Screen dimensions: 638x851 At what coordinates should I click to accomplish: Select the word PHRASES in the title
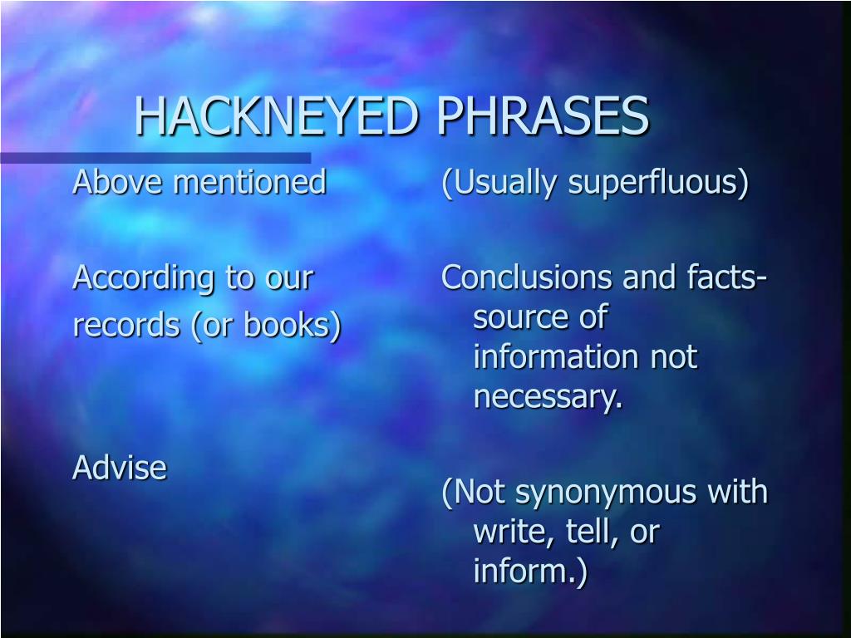[544, 115]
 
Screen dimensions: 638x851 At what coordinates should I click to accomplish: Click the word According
[143, 278]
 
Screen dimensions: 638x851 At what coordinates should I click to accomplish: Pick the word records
[125, 326]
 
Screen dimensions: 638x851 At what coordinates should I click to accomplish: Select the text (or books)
[267, 326]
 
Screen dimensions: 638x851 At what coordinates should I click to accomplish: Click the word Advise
[120, 468]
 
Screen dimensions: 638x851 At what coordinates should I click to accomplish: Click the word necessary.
[548, 398]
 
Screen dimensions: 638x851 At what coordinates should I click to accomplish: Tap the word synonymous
[608, 493]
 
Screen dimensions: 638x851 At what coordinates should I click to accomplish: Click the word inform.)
[530, 572]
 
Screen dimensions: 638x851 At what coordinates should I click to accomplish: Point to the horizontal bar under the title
[155, 158]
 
